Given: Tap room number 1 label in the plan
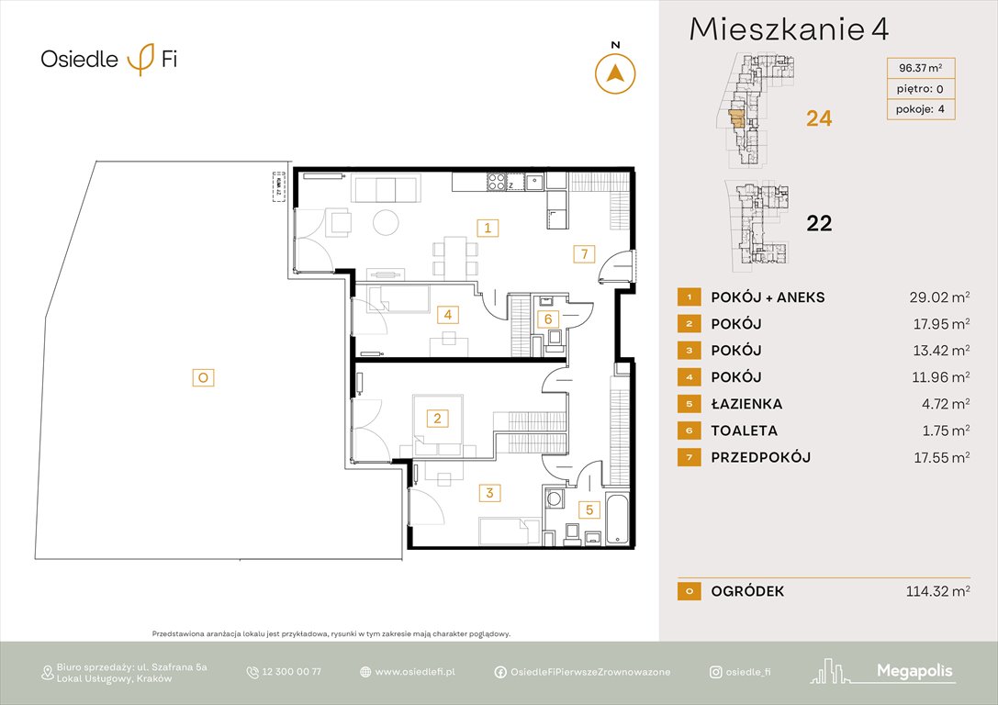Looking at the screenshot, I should click(488, 228).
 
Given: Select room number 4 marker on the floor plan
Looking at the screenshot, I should click(447, 315).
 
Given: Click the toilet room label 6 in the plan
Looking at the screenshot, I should click(548, 319).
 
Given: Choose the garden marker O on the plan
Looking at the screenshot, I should click(203, 376).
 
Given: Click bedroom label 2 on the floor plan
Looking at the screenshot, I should click(438, 420).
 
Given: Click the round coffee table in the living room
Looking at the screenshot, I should click(387, 222).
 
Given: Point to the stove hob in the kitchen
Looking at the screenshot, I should click(498, 182).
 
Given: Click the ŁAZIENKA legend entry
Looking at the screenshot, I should click(746, 404).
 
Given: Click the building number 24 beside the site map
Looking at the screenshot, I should click(818, 118).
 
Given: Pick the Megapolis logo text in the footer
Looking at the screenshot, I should click(914, 672).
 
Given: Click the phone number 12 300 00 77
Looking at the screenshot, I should click(291, 672).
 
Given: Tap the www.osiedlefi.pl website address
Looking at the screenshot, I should click(415, 672).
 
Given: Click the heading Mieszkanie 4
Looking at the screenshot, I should click(789, 30).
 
